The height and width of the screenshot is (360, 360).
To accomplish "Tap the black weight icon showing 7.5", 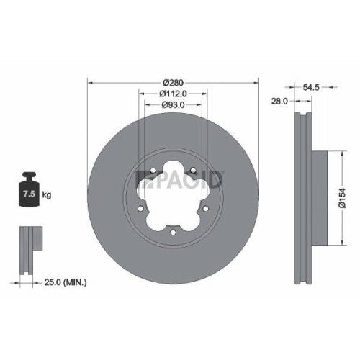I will pos(28,191).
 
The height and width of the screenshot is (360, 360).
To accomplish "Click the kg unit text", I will pos(47,194).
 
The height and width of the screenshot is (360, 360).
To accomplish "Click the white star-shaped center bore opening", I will pos(174,202).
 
